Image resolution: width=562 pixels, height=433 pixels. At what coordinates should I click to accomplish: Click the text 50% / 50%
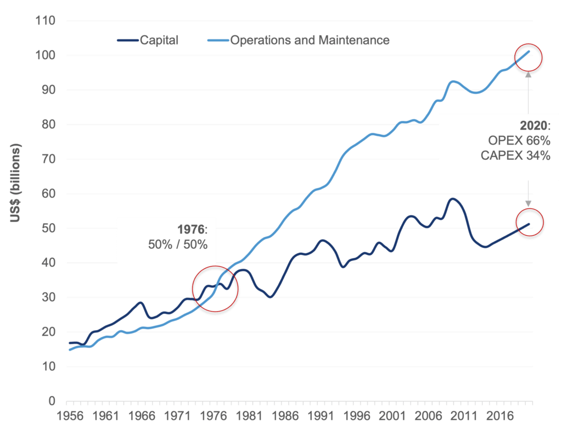[x=178, y=245]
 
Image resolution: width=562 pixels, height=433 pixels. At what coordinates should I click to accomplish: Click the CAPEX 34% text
[x=515, y=156]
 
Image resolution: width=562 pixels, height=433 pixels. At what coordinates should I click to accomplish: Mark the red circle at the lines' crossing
[x=215, y=290]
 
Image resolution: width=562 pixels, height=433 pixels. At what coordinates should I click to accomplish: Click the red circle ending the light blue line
[x=528, y=56]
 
